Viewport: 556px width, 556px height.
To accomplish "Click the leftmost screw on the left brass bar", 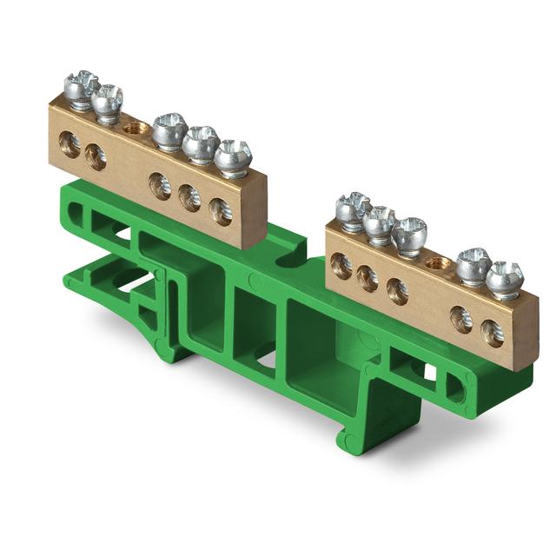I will (81, 89).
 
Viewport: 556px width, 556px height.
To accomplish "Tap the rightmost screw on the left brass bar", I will (233, 157).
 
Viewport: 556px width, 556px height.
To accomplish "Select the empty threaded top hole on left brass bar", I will (134, 128).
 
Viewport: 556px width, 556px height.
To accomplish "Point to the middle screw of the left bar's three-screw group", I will (201, 143).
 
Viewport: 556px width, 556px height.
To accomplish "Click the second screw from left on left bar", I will (108, 102).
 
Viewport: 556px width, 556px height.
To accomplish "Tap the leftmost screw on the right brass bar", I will (353, 211).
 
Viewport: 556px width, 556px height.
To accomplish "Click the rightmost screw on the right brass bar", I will (504, 279).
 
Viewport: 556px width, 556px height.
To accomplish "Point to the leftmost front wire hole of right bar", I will (341, 266).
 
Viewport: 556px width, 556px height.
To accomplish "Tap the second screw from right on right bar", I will (474, 265).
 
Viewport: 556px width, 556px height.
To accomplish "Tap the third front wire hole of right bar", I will (397, 290).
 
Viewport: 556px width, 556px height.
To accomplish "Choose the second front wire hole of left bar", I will (96, 156).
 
